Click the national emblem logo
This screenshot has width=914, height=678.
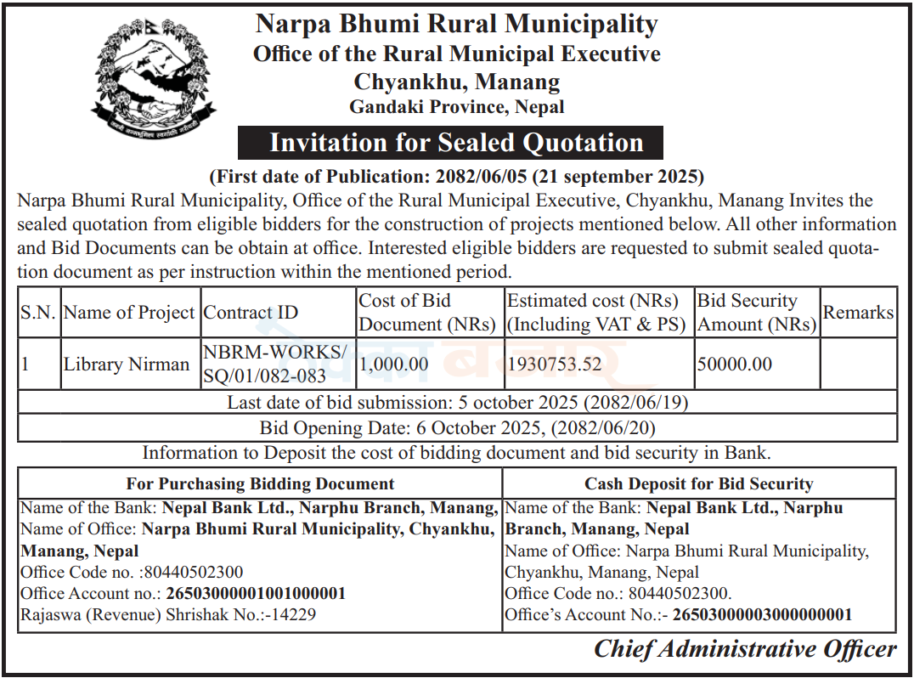pos(153,82)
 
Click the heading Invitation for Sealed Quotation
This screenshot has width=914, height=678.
pos(456,143)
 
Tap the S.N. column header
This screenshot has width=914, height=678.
pos(38,313)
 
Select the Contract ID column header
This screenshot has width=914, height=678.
pos(251,313)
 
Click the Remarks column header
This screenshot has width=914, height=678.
pos(858,313)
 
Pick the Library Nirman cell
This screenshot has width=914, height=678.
pos(127,364)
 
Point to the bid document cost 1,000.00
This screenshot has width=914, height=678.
pos(393,364)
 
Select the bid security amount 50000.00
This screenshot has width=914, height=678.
pos(735,364)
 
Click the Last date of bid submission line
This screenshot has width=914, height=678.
pos(457,402)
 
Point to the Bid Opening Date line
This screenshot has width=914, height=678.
pos(457,428)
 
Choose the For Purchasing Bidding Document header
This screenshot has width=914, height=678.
pos(260,484)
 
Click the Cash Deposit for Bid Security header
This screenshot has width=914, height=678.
pos(698,484)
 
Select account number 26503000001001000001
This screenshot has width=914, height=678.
pos(256,593)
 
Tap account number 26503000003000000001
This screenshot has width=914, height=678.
pos(762,614)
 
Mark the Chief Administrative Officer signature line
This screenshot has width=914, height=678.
pos(745,649)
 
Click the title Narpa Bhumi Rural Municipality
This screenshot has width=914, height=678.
pos(457,24)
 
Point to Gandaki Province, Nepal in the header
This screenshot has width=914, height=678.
pos(457,107)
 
